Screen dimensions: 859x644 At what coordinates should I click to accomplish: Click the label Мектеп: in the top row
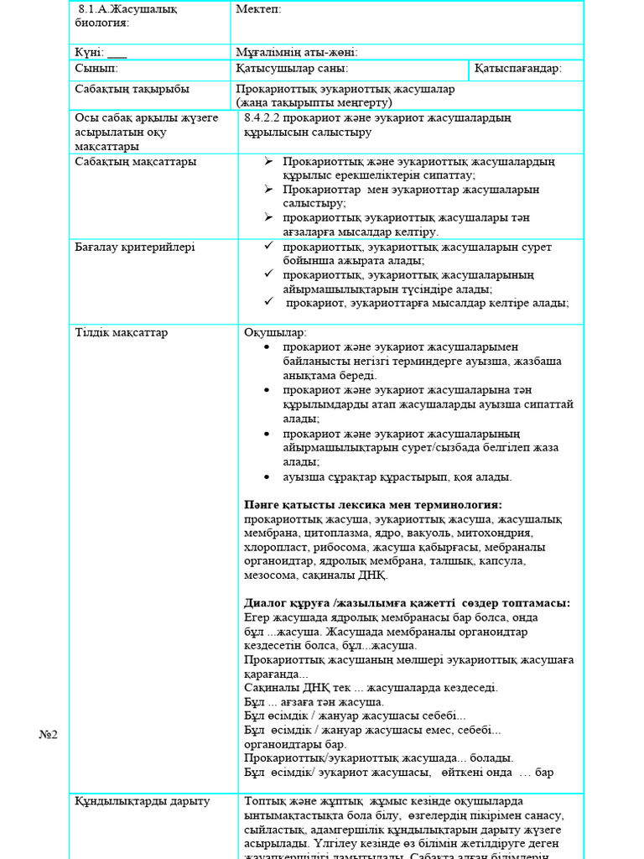click(258, 9)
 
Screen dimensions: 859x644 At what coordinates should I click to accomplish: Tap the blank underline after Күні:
click(117, 52)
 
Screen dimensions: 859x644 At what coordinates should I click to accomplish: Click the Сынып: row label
click(96, 68)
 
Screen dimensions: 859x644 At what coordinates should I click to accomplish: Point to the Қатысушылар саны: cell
click(292, 68)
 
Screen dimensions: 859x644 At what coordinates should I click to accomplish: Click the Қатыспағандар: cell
click(517, 68)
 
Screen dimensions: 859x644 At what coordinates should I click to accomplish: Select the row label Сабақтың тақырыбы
click(132, 89)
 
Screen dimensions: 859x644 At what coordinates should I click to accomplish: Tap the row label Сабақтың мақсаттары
click(136, 161)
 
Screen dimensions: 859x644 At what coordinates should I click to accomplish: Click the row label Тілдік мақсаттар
click(121, 332)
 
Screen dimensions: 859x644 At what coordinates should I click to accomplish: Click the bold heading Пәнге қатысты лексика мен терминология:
click(373, 505)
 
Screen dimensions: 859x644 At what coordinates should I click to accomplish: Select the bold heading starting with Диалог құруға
click(408, 603)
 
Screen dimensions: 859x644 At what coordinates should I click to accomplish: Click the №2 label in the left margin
click(48, 735)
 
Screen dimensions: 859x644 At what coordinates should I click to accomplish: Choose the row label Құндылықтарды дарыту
click(142, 801)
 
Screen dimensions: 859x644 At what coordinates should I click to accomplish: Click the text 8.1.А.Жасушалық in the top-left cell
click(127, 9)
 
